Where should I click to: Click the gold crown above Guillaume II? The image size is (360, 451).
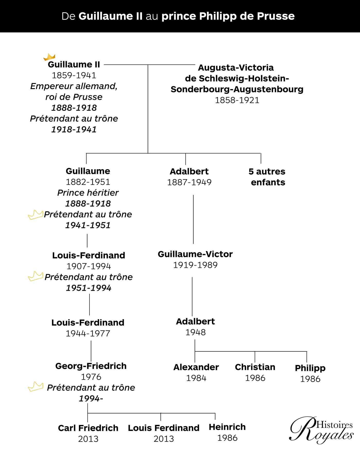[49, 57]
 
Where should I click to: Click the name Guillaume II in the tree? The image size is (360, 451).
[74, 64]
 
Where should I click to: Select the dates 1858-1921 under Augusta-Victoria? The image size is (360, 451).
[237, 100]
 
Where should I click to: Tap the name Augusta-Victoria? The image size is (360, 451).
[236, 68]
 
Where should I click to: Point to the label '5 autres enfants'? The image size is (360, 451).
[267, 177]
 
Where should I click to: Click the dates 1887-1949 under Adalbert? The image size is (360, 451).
[189, 182]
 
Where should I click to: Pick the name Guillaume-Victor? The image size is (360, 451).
[195, 254]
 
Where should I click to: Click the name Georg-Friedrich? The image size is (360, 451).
[91, 366]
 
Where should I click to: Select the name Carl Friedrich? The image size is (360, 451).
[88, 428]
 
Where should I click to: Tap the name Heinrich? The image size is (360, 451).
[227, 427]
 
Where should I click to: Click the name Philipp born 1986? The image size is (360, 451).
[310, 368]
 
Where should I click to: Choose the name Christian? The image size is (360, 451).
[255, 367]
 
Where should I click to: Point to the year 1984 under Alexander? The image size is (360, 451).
[196, 378]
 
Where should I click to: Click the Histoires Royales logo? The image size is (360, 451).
[322, 430]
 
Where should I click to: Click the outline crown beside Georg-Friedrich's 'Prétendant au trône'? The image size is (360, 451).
[35, 387]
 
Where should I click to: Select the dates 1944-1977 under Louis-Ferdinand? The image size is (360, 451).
[88, 333]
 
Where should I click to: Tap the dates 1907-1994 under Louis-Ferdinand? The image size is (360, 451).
[89, 266]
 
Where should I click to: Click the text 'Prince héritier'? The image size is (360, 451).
[88, 193]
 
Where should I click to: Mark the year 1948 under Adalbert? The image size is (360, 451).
[195, 332]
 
